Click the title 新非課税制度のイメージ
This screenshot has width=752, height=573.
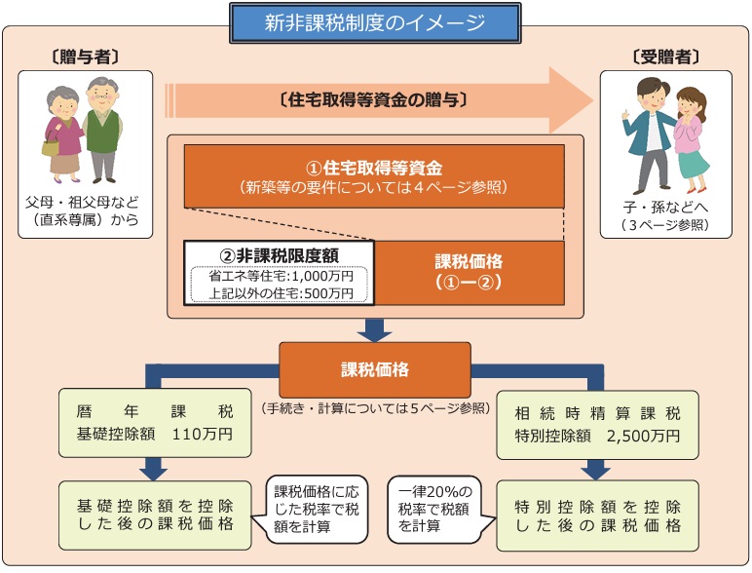(374, 21)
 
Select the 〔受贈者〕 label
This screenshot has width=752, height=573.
(665, 57)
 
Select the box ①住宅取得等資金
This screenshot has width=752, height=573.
(374, 175)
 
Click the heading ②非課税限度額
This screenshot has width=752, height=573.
(281, 253)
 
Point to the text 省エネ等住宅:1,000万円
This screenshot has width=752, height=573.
(281, 276)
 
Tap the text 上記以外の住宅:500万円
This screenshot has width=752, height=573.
(281, 292)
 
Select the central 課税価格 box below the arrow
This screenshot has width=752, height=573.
(374, 370)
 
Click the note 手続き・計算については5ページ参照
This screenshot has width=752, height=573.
(374, 406)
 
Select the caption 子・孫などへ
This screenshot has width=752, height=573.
(665, 208)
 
